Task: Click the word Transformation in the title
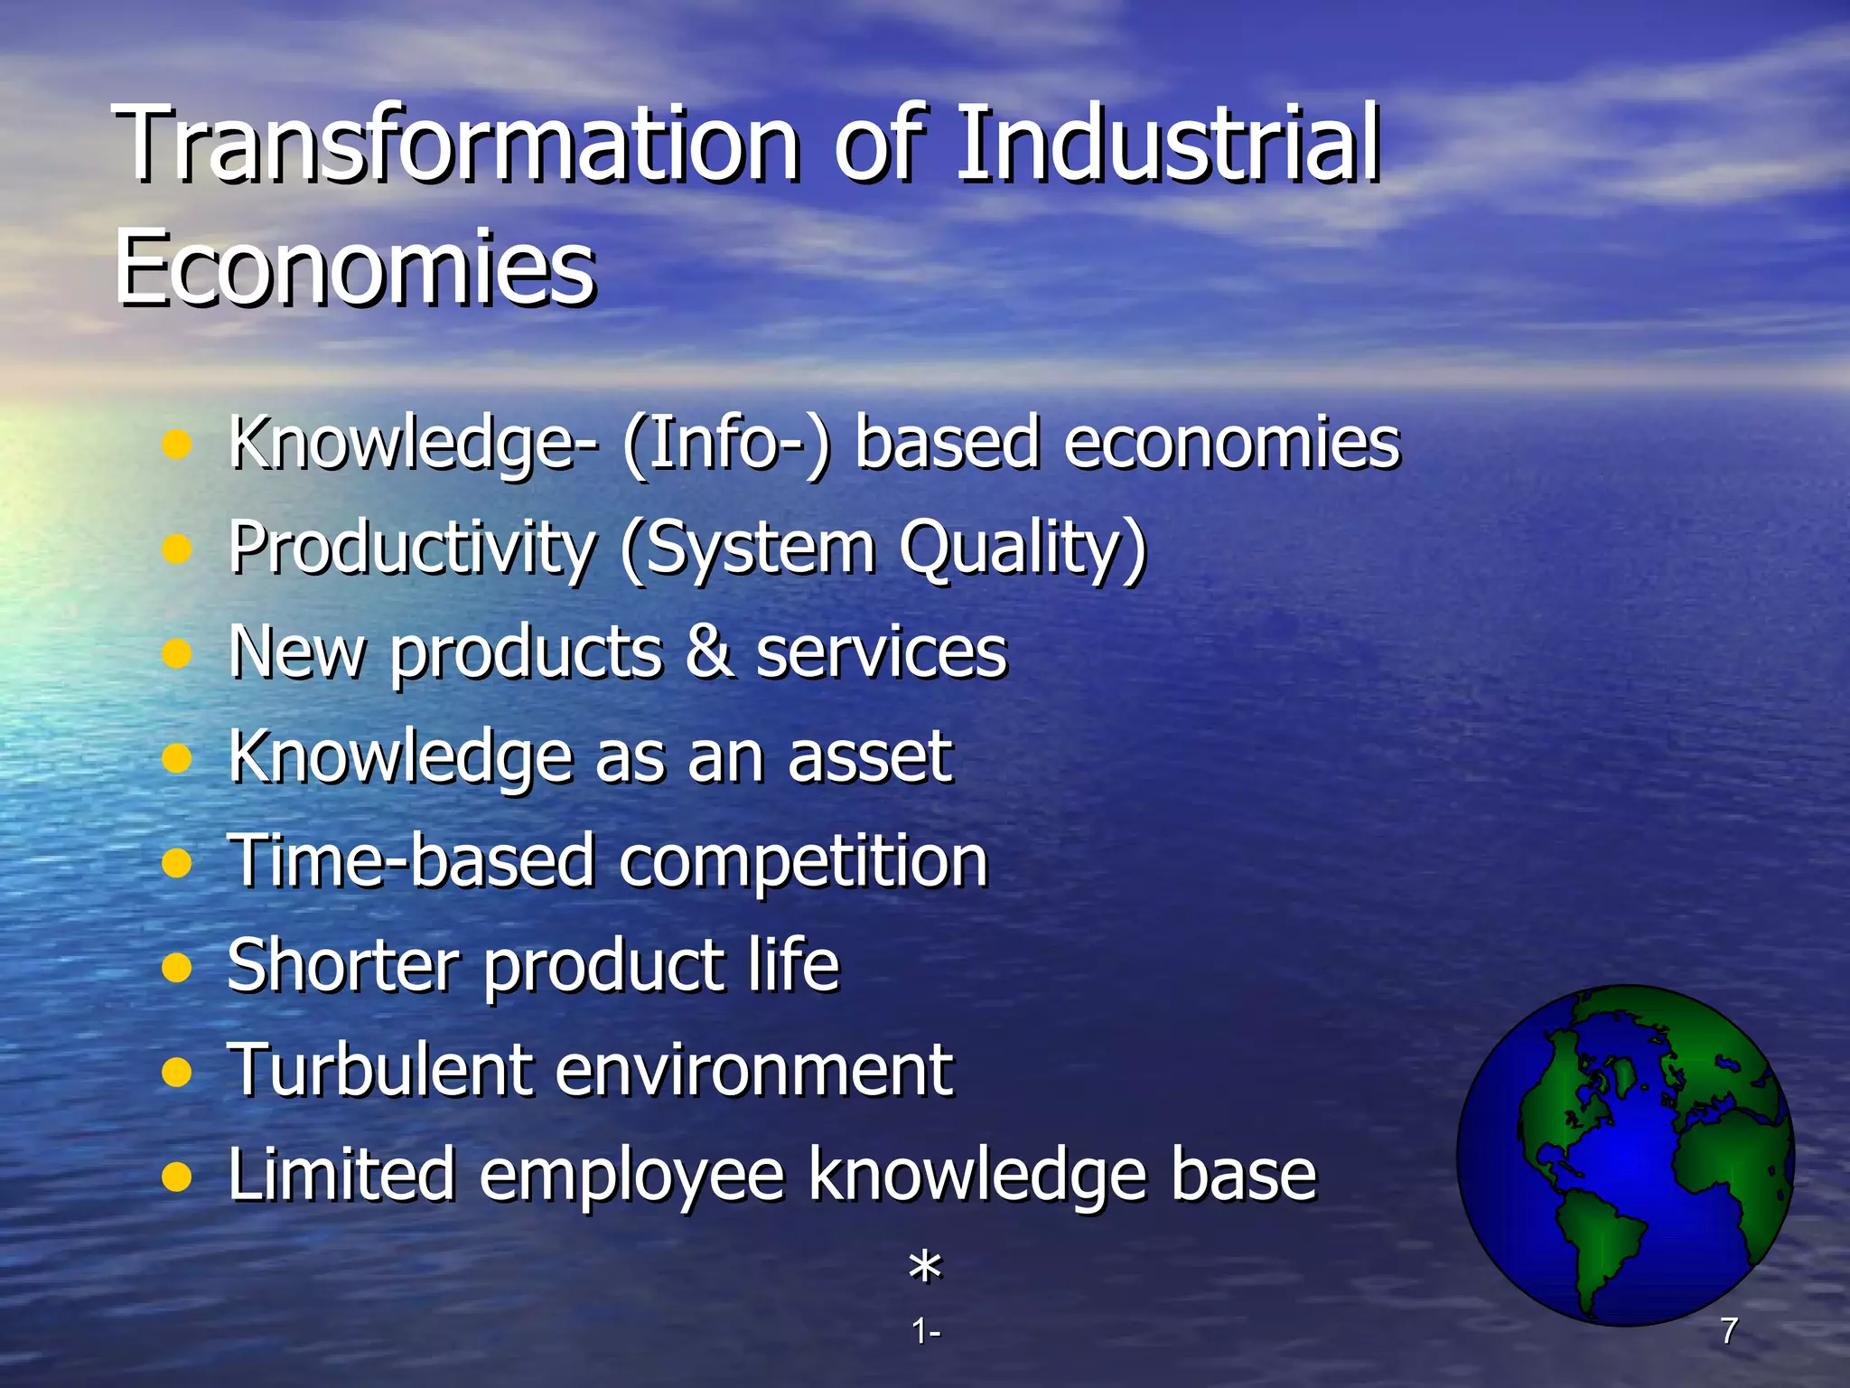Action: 456,145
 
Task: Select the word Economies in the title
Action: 355,267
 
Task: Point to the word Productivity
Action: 412,549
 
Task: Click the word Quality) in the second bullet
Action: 1023,549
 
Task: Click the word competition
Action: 804,860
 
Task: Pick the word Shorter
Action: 343,965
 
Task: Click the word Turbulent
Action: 379,1070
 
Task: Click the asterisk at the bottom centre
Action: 925,1267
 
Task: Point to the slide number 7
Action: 1729,1330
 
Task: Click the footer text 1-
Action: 925,1331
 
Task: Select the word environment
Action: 753,1070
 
